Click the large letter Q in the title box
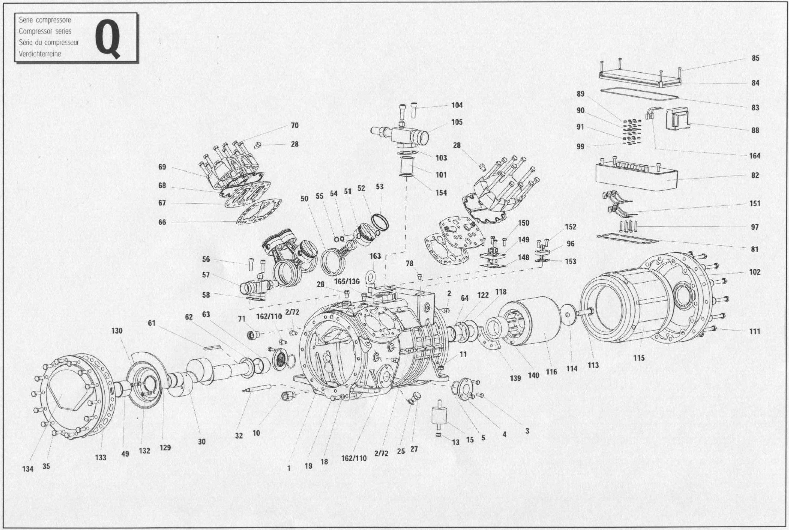(x=107, y=38)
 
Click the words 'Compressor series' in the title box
(x=45, y=31)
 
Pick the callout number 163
(x=375, y=256)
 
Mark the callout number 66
(x=162, y=222)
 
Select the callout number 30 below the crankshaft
(x=202, y=442)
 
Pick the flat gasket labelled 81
(x=627, y=239)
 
